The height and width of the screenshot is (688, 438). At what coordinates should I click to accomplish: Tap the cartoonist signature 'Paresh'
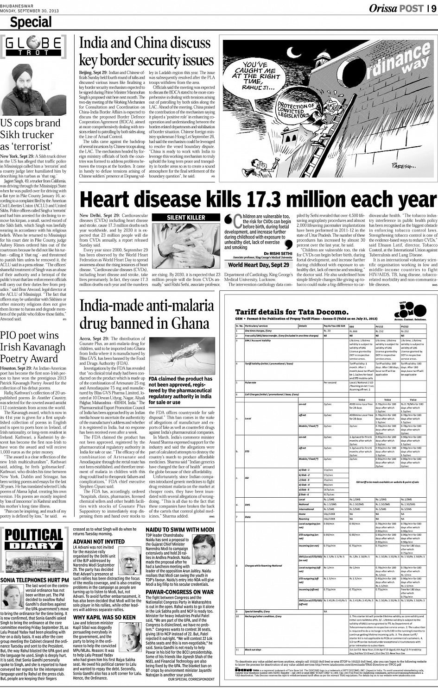pos(407,165)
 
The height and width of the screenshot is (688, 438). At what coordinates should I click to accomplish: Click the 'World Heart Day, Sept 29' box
pos(259,265)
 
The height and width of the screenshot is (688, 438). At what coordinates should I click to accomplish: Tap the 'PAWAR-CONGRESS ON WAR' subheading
pos(179,592)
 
